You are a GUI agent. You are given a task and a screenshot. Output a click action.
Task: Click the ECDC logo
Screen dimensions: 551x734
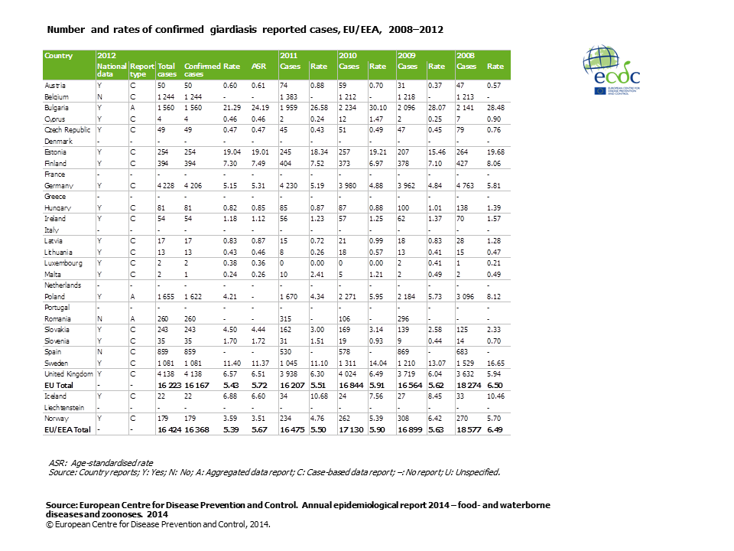click(x=612, y=70)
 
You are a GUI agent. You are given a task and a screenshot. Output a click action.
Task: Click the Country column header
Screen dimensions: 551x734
click(x=59, y=56)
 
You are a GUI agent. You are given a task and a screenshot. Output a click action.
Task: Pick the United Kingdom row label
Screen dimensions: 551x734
click(x=68, y=373)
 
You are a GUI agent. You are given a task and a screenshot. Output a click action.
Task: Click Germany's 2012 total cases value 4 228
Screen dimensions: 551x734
click(x=167, y=185)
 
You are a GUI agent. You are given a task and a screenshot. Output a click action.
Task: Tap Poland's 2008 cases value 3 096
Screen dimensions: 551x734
click(x=466, y=296)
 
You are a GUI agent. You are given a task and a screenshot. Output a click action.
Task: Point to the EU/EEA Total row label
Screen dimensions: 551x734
click(x=67, y=429)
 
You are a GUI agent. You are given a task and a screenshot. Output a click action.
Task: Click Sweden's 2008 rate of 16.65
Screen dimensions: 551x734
click(x=496, y=363)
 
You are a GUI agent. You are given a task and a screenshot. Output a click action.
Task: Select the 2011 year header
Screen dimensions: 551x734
click(x=288, y=56)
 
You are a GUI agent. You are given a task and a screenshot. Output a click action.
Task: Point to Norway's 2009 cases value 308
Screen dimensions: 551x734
click(x=405, y=418)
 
